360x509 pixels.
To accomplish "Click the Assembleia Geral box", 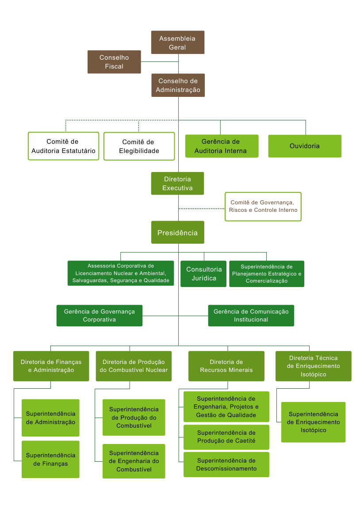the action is tap(177, 42).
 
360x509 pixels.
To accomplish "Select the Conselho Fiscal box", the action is tap(114, 61).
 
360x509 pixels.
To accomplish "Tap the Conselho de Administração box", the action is tap(178, 85).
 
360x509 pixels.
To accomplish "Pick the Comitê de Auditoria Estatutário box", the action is tap(64, 146).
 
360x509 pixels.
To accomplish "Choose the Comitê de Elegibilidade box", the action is tap(139, 146).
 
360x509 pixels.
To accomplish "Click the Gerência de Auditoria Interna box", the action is tap(222, 146).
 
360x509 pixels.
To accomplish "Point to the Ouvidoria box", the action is tap(305, 146).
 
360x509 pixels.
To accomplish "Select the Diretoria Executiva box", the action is tap(177, 184).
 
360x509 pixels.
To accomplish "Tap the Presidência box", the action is tap(177, 233).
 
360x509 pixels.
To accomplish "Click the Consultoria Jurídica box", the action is tap(203, 274).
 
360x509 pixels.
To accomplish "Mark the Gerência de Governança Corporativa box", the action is tap(100, 316).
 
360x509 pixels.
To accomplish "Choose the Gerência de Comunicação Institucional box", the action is tap(251, 316).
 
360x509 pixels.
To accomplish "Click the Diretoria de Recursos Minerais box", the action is tap(226, 366).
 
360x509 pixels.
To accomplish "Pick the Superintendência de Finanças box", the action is tap(51, 459).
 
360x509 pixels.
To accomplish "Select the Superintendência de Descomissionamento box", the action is tap(226, 464).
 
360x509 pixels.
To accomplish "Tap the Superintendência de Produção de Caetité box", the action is tap(226, 437).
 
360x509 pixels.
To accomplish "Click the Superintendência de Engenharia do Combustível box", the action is tap(134, 461).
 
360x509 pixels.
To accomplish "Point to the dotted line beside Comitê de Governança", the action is tap(202, 208).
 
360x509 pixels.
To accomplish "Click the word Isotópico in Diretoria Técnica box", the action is tap(313, 374).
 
